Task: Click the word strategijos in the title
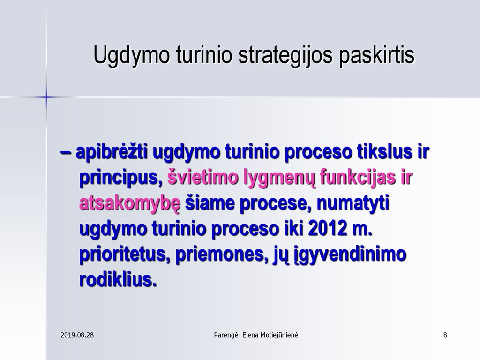(285, 55)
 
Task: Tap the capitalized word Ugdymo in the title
(131, 55)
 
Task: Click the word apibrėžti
(112, 151)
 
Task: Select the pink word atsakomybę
(130, 204)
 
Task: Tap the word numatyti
(353, 203)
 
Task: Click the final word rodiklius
(118, 279)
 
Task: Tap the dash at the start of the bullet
(66, 152)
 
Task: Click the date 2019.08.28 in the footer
(77, 335)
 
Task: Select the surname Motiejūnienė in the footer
(279, 335)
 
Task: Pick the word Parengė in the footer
(226, 335)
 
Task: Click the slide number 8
(445, 335)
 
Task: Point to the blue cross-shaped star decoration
(46, 97)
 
